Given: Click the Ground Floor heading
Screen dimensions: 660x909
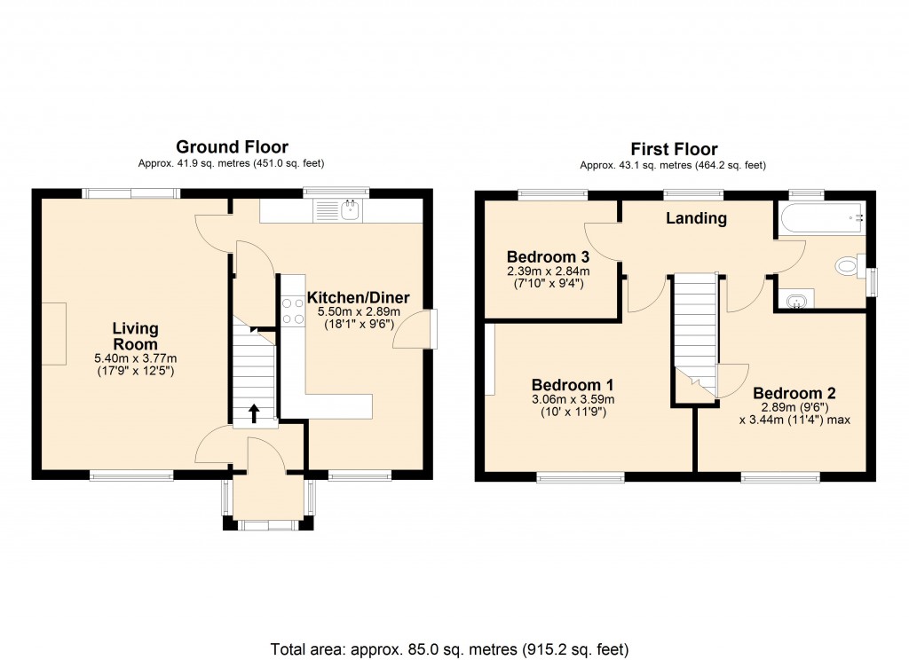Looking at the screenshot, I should click(232, 146).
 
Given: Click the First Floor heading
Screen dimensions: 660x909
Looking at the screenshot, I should click(674, 149).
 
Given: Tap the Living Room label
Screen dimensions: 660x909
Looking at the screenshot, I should click(135, 336).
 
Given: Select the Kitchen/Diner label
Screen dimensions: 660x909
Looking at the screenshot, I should click(358, 297).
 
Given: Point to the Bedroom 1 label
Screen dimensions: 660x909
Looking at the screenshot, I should click(573, 385).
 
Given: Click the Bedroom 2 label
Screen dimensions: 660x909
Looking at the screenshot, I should click(794, 393).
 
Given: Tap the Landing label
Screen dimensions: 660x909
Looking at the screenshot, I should click(697, 218).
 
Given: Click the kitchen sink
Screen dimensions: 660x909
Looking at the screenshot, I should click(338, 210).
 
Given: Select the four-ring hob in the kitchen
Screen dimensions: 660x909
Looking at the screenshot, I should click(293, 311).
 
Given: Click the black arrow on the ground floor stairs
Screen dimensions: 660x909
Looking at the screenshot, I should click(254, 412).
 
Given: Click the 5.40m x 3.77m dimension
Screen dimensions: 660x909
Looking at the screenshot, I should click(135, 358).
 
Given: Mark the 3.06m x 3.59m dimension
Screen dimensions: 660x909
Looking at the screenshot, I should click(573, 399).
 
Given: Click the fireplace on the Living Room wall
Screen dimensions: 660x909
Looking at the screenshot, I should click(52, 334).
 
